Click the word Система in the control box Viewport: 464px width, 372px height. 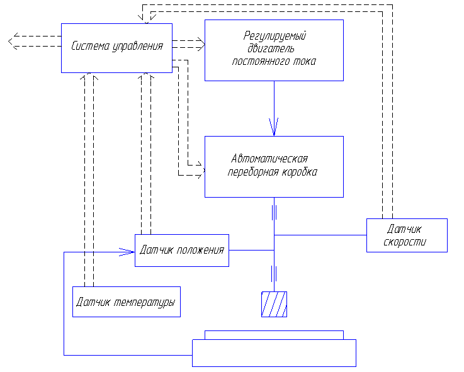pyautogui.click(x=91, y=46)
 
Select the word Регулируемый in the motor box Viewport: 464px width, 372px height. pyautogui.click(x=274, y=36)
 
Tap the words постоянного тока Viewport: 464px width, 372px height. pyautogui.click(x=274, y=62)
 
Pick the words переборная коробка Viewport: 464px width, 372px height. pyautogui.click(x=272, y=172)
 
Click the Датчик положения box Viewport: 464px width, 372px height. pyautogui.click(x=181, y=250)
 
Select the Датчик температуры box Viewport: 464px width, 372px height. pyautogui.click(x=126, y=302)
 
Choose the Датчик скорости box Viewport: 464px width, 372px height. pyautogui.click(x=407, y=235)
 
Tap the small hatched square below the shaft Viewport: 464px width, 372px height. pyautogui.click(x=274, y=304)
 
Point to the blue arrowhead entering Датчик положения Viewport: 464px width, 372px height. pyautogui.click(x=129, y=252)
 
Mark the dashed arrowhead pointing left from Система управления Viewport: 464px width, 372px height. pyautogui.click(x=13, y=42)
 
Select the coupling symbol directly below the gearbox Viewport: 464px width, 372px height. pyautogui.click(x=274, y=212)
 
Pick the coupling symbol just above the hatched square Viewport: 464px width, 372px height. pyautogui.click(x=274, y=273)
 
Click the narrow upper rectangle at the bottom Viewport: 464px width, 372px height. pyautogui.click(x=274, y=335)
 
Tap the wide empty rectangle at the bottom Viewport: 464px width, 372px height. pyautogui.click(x=274, y=353)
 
